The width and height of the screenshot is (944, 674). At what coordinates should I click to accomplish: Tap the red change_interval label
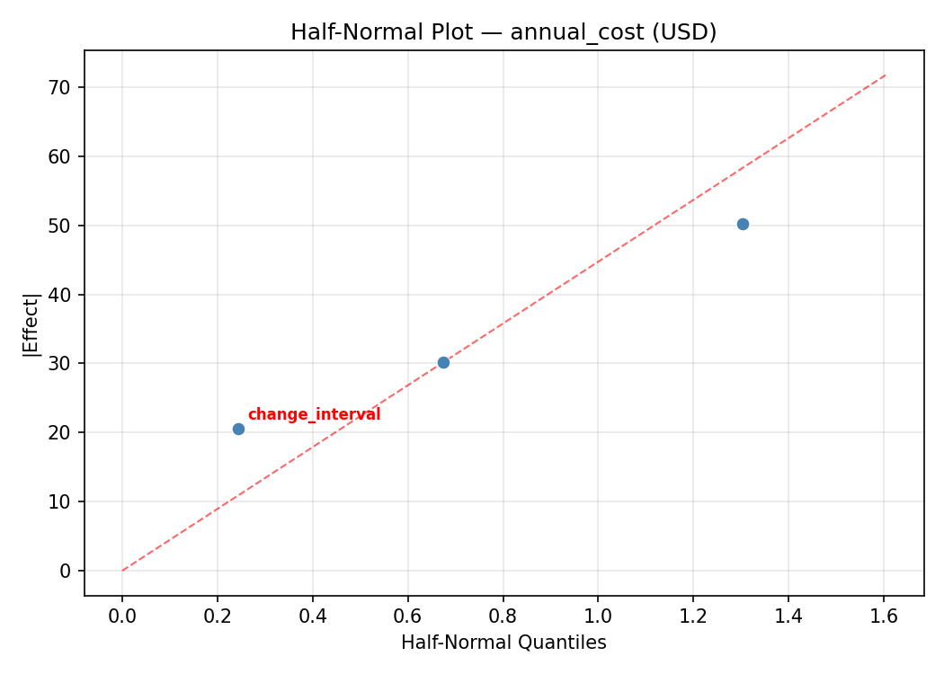click(314, 414)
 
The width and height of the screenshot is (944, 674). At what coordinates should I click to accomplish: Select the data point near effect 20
click(238, 429)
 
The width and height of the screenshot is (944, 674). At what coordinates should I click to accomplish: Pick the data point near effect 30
click(443, 362)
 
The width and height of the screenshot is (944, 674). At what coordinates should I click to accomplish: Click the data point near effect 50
click(743, 224)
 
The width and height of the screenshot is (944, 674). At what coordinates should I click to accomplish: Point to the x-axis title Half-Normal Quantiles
click(503, 643)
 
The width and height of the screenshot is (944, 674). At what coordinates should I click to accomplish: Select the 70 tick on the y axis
click(65, 87)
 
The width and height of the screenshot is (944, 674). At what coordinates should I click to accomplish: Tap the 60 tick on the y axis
click(65, 156)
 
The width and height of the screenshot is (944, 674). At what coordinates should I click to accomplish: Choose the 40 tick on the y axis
click(65, 295)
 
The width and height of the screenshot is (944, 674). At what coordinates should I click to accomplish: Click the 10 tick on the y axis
click(65, 501)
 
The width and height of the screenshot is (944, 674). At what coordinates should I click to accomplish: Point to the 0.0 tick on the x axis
click(122, 616)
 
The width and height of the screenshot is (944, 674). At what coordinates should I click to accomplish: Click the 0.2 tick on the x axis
click(218, 616)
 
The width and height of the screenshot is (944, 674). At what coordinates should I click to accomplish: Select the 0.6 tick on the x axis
click(408, 616)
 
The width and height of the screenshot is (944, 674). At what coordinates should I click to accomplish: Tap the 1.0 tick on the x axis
click(599, 616)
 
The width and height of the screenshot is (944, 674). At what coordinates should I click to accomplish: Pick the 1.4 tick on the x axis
click(788, 616)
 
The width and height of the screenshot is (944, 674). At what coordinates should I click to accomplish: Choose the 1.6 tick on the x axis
click(884, 616)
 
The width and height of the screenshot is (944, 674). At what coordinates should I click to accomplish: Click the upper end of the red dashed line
click(886, 75)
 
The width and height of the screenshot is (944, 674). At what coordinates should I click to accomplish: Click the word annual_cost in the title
click(566, 32)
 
